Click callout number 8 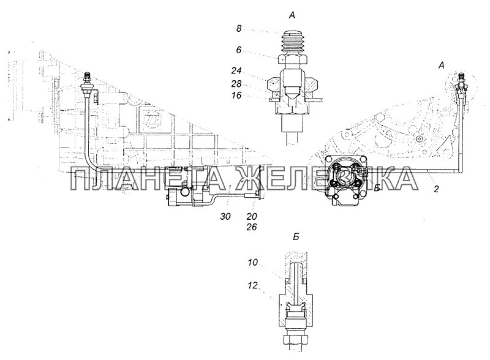pos(239,29)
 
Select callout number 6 pos(239,50)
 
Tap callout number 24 pos(236,71)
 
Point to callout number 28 pos(236,84)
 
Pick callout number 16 pos(236,95)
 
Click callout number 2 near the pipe pos(436,189)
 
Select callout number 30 pos(225,216)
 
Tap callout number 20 pos(251,216)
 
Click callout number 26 pos(251,227)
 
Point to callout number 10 pos(252,263)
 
